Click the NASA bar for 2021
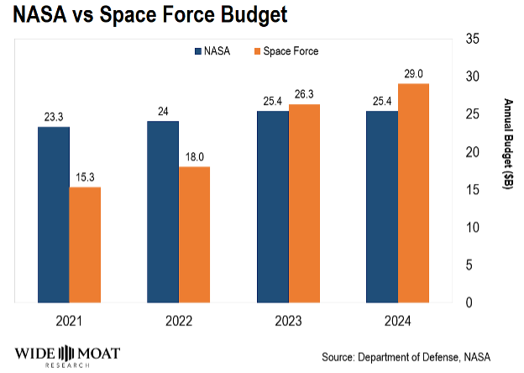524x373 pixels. [x=53, y=214]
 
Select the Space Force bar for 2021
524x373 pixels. [x=85, y=244]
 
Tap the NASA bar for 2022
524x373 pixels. [x=163, y=212]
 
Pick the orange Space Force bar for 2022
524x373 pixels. [x=194, y=234]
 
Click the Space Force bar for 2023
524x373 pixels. [x=304, y=203]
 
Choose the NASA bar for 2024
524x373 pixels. [x=381, y=207]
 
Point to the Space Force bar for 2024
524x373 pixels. [x=413, y=192]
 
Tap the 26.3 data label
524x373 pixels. [x=304, y=95]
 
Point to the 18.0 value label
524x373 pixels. [x=194, y=157]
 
